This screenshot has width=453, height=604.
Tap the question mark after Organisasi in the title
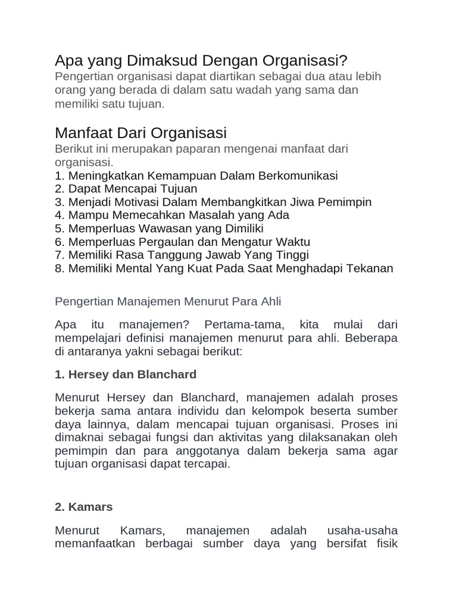pyautogui.click(x=344, y=61)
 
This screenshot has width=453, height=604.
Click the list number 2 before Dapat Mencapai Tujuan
pyautogui.click(x=58, y=189)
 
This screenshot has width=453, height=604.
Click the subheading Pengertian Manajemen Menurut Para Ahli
pyautogui.click(x=168, y=301)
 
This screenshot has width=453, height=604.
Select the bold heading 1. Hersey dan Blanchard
pyautogui.click(x=126, y=375)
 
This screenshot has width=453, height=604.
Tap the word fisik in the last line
pyautogui.click(x=384, y=543)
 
